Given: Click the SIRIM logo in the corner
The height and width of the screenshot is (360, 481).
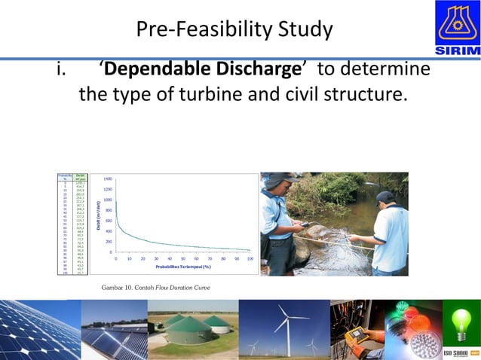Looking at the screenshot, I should click(457, 27).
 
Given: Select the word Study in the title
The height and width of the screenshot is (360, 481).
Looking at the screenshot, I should click(304, 29).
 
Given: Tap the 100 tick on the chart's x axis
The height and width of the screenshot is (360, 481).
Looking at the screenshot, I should click(250, 258).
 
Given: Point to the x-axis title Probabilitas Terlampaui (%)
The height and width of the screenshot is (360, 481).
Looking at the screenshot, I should click(182, 266).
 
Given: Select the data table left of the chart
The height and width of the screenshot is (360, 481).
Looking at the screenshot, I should click(72, 223).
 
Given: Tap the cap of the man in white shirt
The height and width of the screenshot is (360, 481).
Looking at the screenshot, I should click(386, 197).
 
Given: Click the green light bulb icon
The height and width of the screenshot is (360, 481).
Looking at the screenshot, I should click(460, 320).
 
